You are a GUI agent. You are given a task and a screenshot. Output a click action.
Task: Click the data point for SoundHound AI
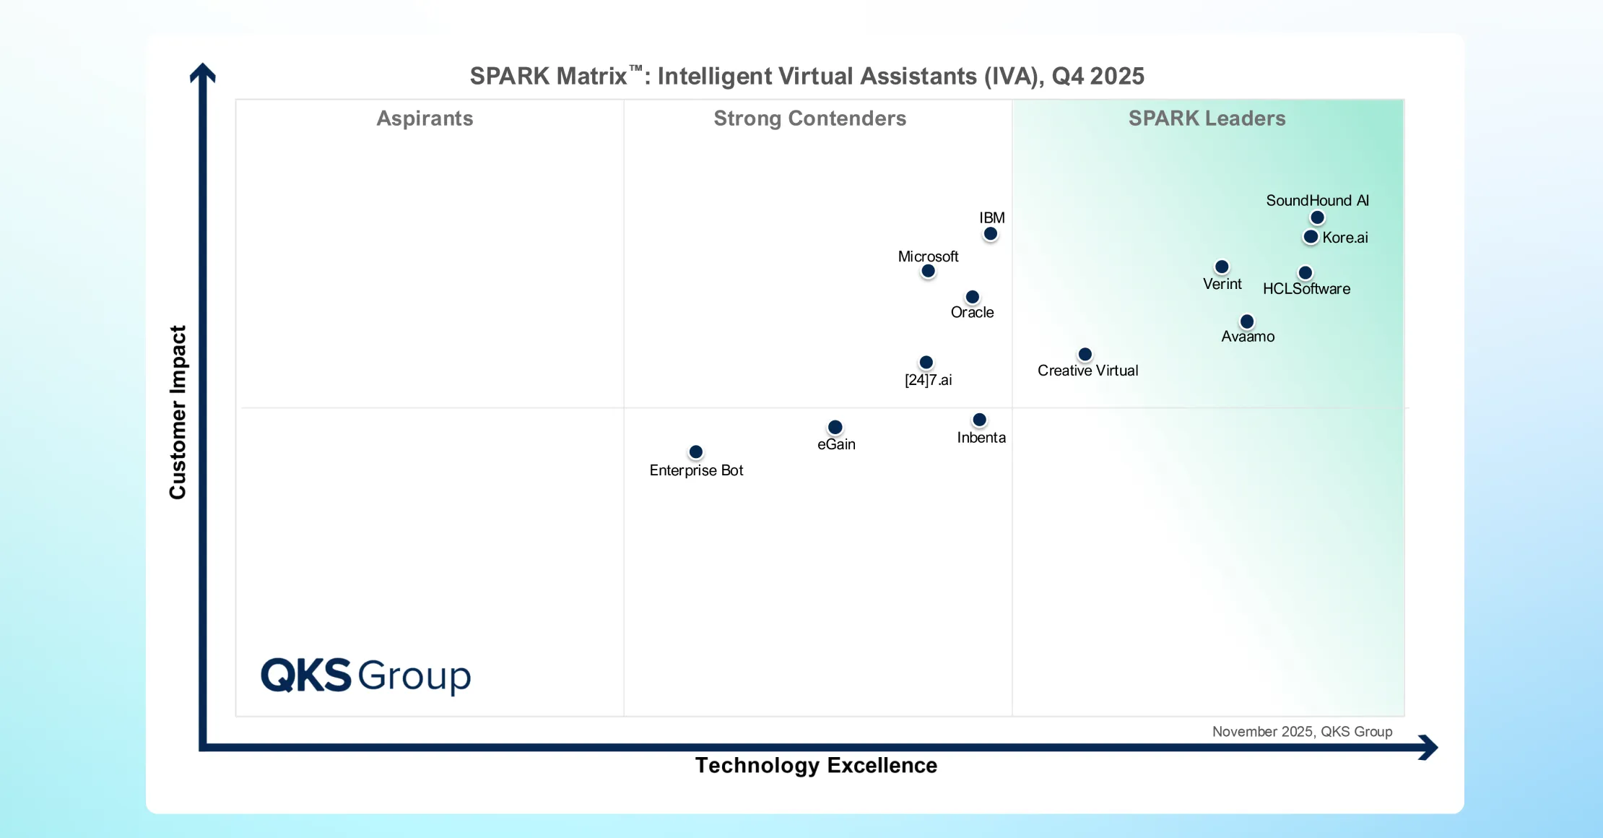pyautogui.click(x=1317, y=217)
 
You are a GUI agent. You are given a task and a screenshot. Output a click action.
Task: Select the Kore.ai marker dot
pyautogui.click(x=1311, y=237)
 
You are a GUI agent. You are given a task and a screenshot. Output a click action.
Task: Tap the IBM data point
pyautogui.click(x=991, y=234)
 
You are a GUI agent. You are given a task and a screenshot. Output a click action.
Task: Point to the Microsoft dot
pyautogui.click(x=929, y=272)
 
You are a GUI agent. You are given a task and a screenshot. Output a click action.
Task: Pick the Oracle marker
pyautogui.click(x=973, y=297)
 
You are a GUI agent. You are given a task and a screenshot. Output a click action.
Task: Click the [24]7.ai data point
pyautogui.click(x=926, y=363)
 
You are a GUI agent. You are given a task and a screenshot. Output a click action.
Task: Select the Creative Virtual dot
pyautogui.click(x=1085, y=355)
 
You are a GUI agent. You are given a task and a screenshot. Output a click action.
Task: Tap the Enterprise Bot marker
pyautogui.click(x=696, y=452)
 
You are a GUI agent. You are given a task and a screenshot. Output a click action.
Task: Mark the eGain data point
pyautogui.click(x=835, y=428)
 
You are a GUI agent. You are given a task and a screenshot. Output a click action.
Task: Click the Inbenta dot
pyautogui.click(x=980, y=420)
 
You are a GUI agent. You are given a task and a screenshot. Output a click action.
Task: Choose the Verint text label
pyautogui.click(x=1222, y=285)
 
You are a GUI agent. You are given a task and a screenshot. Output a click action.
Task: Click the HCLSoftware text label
pyautogui.click(x=1306, y=289)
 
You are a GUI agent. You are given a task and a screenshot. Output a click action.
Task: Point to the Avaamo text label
pyautogui.click(x=1248, y=337)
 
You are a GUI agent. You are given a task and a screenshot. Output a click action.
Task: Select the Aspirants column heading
pyautogui.click(x=425, y=118)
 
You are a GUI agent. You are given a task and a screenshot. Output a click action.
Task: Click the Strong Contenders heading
pyautogui.click(x=809, y=118)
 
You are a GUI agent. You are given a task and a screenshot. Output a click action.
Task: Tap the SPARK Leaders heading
pyautogui.click(x=1207, y=118)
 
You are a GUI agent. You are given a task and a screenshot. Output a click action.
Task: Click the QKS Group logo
pyautogui.click(x=365, y=676)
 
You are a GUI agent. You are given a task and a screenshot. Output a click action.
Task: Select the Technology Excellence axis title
pyautogui.click(x=816, y=766)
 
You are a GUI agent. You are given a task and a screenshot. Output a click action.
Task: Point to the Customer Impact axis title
pyautogui.click(x=178, y=412)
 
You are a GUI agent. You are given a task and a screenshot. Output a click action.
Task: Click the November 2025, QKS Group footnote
pyautogui.click(x=1302, y=732)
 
